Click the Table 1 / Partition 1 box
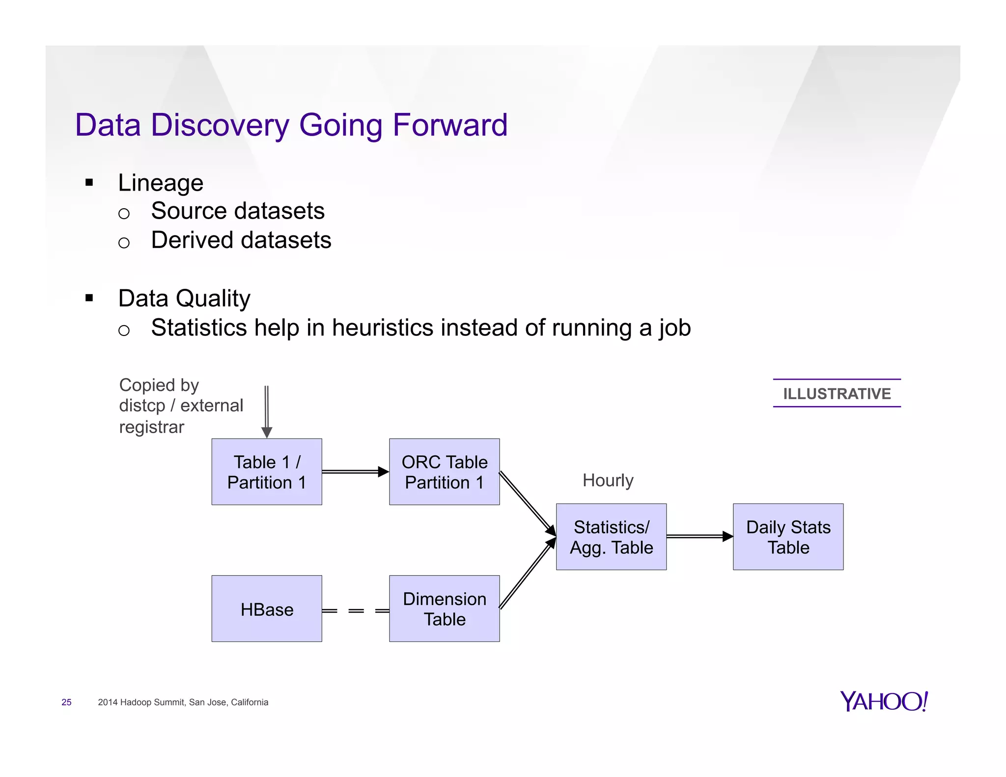267,472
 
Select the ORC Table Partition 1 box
444,472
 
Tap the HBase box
267,609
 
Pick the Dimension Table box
444,609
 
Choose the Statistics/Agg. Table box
611,537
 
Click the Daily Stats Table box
788,537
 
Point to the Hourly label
608,480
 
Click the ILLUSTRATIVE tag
837,393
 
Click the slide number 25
66,702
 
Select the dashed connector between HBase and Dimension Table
356,611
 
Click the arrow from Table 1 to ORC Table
355,472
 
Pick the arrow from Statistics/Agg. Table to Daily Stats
699,536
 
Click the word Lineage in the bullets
161,183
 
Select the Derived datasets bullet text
241,240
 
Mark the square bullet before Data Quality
89,298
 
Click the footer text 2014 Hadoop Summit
183,702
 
